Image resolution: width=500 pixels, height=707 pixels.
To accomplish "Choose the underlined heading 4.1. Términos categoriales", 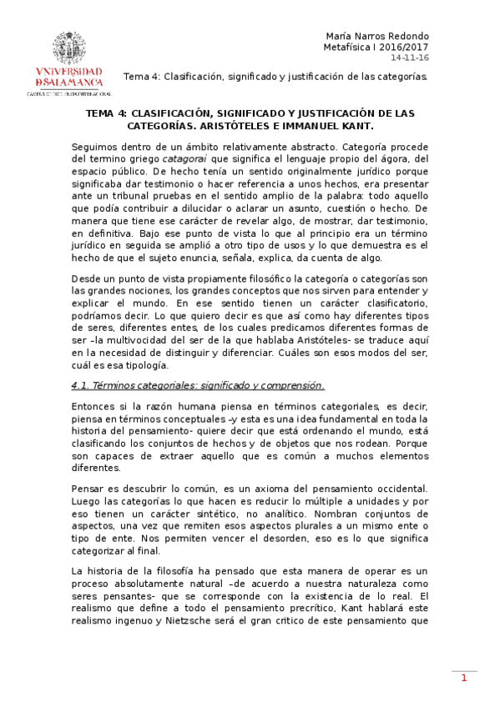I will pos(198,385).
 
